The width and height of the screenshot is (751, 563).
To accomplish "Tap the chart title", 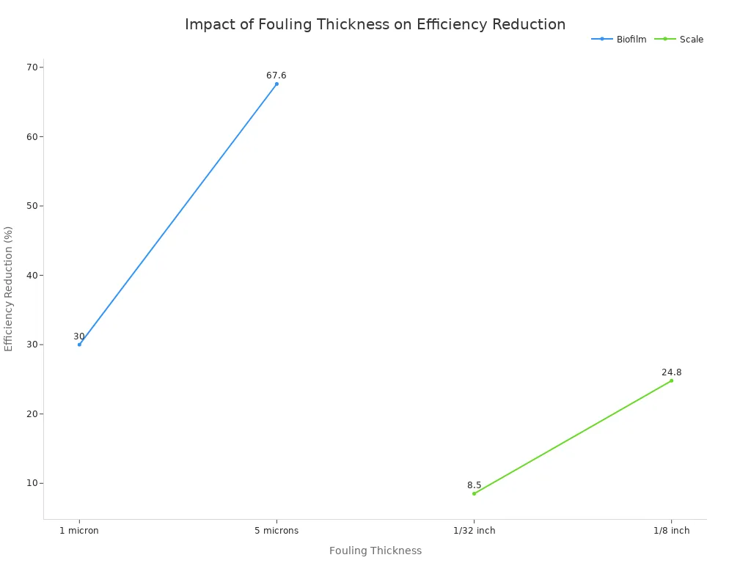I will pos(375,24).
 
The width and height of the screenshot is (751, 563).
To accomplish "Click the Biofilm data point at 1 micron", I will pos(79,345).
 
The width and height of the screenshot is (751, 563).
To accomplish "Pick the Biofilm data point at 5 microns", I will pos(276,84).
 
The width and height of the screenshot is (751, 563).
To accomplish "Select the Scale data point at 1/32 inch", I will pos(474,493).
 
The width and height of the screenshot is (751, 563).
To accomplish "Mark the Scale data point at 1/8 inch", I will pos(671,380).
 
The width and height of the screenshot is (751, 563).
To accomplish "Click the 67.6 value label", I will pos(276,76).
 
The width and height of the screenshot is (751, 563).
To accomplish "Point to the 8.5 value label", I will pos(474,485).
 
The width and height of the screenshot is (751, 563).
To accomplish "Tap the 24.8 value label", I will pos(671,372).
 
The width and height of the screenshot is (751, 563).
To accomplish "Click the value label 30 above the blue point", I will pos(79,336).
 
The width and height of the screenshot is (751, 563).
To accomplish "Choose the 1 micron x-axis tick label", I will pos(79,531).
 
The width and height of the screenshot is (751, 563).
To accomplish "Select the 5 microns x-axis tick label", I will pos(276,531).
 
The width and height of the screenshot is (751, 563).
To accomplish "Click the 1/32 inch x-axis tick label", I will pos(474,531).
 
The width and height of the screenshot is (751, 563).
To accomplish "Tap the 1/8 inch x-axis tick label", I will pos(671,531).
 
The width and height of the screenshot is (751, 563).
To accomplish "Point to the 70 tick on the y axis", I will pos(32,67).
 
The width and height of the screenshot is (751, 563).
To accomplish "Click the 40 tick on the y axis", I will pos(32,276).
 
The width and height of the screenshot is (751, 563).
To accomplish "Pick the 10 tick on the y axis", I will pos(32,483).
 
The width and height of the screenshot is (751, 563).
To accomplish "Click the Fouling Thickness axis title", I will pos(375,551).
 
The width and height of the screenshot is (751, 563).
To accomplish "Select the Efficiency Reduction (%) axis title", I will pos(9,289).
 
